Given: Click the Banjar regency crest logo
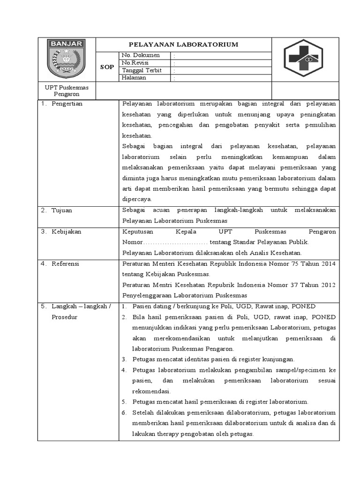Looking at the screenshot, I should (x=66, y=60).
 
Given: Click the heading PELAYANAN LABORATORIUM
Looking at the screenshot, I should (x=184, y=45).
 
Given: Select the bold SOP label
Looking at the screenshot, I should (x=107, y=67).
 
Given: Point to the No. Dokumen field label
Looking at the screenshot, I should (x=141, y=55).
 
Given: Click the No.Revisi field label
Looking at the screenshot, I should (x=135, y=63).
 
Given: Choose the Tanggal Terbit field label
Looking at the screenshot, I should (x=142, y=70).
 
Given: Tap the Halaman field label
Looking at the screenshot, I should (x=134, y=78).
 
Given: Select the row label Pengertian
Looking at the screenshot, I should (x=67, y=104).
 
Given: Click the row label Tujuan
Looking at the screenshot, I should (x=62, y=210).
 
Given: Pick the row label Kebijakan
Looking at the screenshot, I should (x=66, y=232).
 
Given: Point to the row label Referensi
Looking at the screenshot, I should (x=66, y=264).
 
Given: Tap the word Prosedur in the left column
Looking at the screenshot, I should (x=65, y=317).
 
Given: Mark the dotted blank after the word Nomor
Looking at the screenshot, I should (x=175, y=242).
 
